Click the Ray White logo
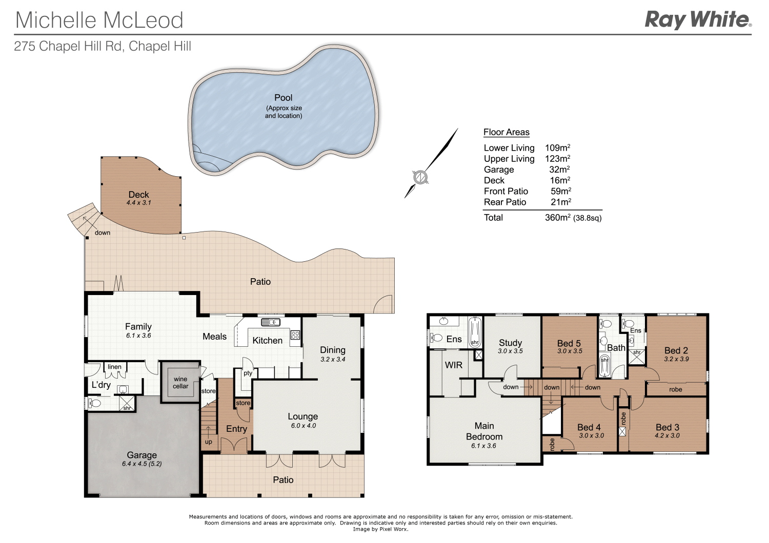click(697, 20)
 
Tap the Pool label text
click(283, 98)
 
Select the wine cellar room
click(180, 383)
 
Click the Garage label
click(142, 455)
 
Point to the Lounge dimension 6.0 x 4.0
click(303, 426)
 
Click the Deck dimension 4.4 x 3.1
click(139, 203)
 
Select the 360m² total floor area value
click(557, 218)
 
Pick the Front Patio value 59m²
click(560, 191)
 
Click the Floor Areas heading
click(506, 132)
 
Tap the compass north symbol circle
click(420, 177)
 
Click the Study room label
click(510, 342)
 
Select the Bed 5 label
click(569, 343)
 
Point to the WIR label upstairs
click(454, 365)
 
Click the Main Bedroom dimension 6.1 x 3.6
click(484, 446)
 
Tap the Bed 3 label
click(667, 427)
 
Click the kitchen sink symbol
click(270, 322)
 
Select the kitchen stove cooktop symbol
click(295, 335)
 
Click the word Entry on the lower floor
click(236, 429)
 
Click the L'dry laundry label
click(101, 385)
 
